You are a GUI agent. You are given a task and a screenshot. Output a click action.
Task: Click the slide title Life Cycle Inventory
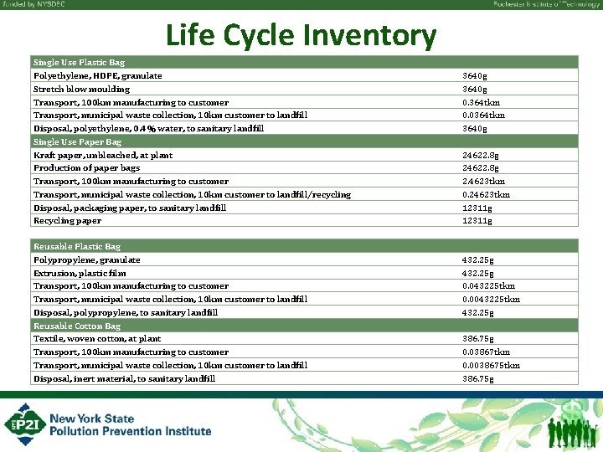click(301, 35)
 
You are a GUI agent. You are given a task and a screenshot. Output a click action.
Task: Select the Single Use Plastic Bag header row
click(79, 63)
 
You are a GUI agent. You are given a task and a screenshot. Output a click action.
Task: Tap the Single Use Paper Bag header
click(77, 142)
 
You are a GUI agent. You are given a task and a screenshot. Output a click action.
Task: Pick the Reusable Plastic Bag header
click(77, 247)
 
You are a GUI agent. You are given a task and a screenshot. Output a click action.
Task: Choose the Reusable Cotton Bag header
click(77, 326)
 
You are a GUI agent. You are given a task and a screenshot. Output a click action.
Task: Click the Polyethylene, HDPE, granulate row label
click(98, 76)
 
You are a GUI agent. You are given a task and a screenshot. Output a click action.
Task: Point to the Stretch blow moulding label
click(81, 90)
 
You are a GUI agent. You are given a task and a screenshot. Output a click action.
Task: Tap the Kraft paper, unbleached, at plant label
click(103, 155)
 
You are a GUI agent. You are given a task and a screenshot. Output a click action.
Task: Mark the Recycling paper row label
click(67, 221)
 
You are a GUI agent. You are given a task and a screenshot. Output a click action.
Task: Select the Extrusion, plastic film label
click(80, 273)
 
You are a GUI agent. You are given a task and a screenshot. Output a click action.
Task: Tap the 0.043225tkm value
click(488, 286)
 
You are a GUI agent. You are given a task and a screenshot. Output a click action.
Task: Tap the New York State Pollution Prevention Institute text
click(130, 424)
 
